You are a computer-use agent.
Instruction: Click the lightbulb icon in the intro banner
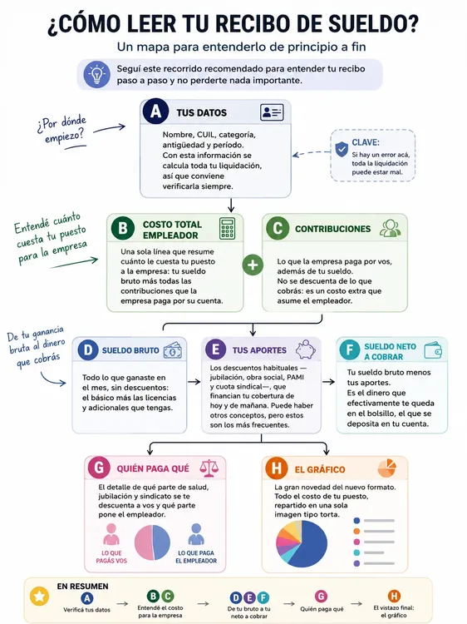coord(96,74)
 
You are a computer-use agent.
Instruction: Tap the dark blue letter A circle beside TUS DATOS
coord(155,111)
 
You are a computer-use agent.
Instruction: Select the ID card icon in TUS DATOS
coord(272,112)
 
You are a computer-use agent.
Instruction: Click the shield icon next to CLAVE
coord(342,149)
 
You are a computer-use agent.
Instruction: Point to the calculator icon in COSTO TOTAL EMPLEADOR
coord(227,229)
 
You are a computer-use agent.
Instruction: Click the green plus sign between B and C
coord(253,265)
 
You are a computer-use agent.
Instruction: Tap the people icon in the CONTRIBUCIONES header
coord(390,229)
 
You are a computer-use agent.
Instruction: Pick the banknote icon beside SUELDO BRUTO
coord(173,350)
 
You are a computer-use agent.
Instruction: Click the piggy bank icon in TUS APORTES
coord(305,349)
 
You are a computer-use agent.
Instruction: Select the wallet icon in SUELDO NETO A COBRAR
coord(433,350)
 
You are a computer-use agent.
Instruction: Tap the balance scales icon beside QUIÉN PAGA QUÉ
coord(209,468)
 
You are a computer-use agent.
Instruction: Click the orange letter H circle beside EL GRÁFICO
coord(276,468)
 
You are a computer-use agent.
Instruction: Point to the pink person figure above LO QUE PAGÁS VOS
coord(111,534)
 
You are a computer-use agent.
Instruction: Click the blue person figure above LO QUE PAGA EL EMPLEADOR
coord(196,534)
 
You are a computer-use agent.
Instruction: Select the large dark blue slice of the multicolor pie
coord(308,543)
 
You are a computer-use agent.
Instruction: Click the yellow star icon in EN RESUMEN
coord(39,597)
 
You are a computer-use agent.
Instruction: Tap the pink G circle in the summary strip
coord(321,597)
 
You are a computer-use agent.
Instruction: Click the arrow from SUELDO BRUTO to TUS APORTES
coord(194,382)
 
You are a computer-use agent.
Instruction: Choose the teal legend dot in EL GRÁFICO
coord(356,552)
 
